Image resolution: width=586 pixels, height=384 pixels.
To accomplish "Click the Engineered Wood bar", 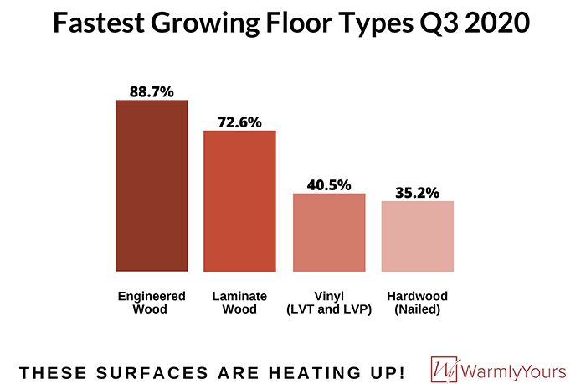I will tap(152, 185).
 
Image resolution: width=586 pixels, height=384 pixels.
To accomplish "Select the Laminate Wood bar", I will tap(240, 201).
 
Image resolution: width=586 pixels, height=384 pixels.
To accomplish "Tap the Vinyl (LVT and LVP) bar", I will tap(329, 232).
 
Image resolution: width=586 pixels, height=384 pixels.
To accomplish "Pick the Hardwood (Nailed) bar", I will tap(417, 236).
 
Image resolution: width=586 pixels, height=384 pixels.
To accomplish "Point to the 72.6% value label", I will tap(240, 122).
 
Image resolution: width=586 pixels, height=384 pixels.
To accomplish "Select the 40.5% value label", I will tap(329, 184).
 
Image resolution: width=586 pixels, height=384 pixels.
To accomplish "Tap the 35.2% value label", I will tap(417, 192).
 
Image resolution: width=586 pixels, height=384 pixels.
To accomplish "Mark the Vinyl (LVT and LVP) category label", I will tap(329, 303).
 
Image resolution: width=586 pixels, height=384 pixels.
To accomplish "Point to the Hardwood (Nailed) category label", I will tap(417, 303).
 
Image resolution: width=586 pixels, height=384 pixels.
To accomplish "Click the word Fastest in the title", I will tap(100, 23).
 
